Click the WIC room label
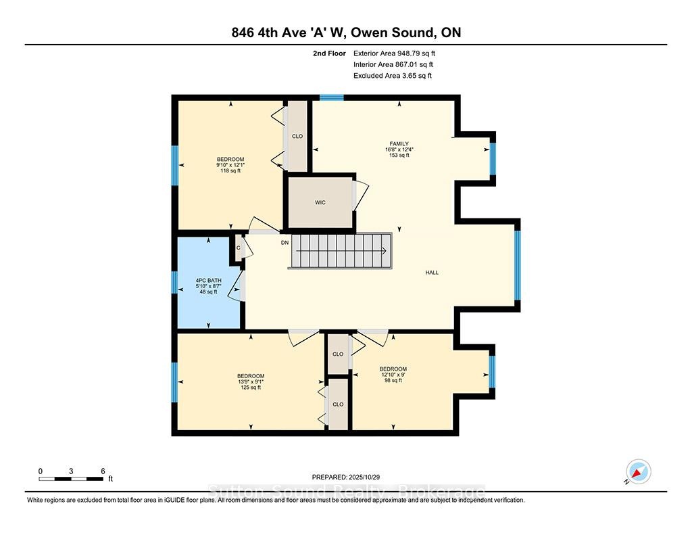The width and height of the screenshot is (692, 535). coord(320,202)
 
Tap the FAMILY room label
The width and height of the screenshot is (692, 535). coord(399,143)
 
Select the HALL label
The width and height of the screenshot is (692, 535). coord(432,273)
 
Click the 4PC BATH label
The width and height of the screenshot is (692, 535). coord(208,281)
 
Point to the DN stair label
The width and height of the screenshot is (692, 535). coord(285,243)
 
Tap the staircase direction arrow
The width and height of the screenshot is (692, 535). coord(341,251)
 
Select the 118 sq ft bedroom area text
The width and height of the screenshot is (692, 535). coord(230,170)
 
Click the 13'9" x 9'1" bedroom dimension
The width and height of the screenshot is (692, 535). coord(251,381)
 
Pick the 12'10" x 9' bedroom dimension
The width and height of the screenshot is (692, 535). coord(393,375)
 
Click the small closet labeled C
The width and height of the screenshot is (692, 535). coord(238,248)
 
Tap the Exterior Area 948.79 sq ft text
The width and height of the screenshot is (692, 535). coord(394,53)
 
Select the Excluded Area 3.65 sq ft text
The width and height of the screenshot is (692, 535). coord(393,76)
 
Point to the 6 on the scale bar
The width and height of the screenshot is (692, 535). coord(103,471)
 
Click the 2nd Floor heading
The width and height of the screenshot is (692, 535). coord(329,53)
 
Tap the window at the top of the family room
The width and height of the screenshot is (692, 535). coord(332,97)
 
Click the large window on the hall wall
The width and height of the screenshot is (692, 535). coord(517,265)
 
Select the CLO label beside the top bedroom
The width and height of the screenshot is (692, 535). coord(297,136)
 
